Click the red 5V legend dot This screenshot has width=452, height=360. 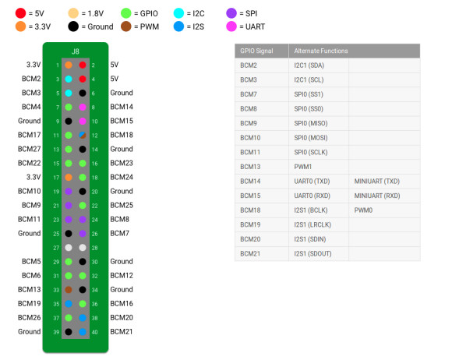coord(21,13)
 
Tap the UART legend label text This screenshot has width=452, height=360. coord(255,26)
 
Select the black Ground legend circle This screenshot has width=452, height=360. coord(73,26)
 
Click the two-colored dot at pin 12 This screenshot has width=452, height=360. coord(83,135)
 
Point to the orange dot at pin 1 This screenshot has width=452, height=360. coord(69,65)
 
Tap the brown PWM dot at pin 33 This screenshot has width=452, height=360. coord(69,290)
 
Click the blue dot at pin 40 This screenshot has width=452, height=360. coord(83,332)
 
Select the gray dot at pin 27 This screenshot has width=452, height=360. coord(69,248)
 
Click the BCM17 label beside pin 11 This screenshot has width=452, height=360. coord(29,135)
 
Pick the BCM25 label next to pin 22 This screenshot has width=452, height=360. coord(122,205)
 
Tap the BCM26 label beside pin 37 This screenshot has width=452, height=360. coord(29,318)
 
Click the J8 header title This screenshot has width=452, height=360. coord(76,51)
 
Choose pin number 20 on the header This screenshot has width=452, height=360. coord(95,192)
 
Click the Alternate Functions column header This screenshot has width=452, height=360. coord(321,51)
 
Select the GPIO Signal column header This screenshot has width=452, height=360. coord(256,51)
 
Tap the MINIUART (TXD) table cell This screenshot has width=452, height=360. coord(376,182)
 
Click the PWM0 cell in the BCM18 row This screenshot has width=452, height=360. coord(363,210)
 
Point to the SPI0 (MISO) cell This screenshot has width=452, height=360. coord(311,123)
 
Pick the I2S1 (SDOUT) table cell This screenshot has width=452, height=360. coord(313,254)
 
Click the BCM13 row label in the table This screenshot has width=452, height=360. coord(250,167)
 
